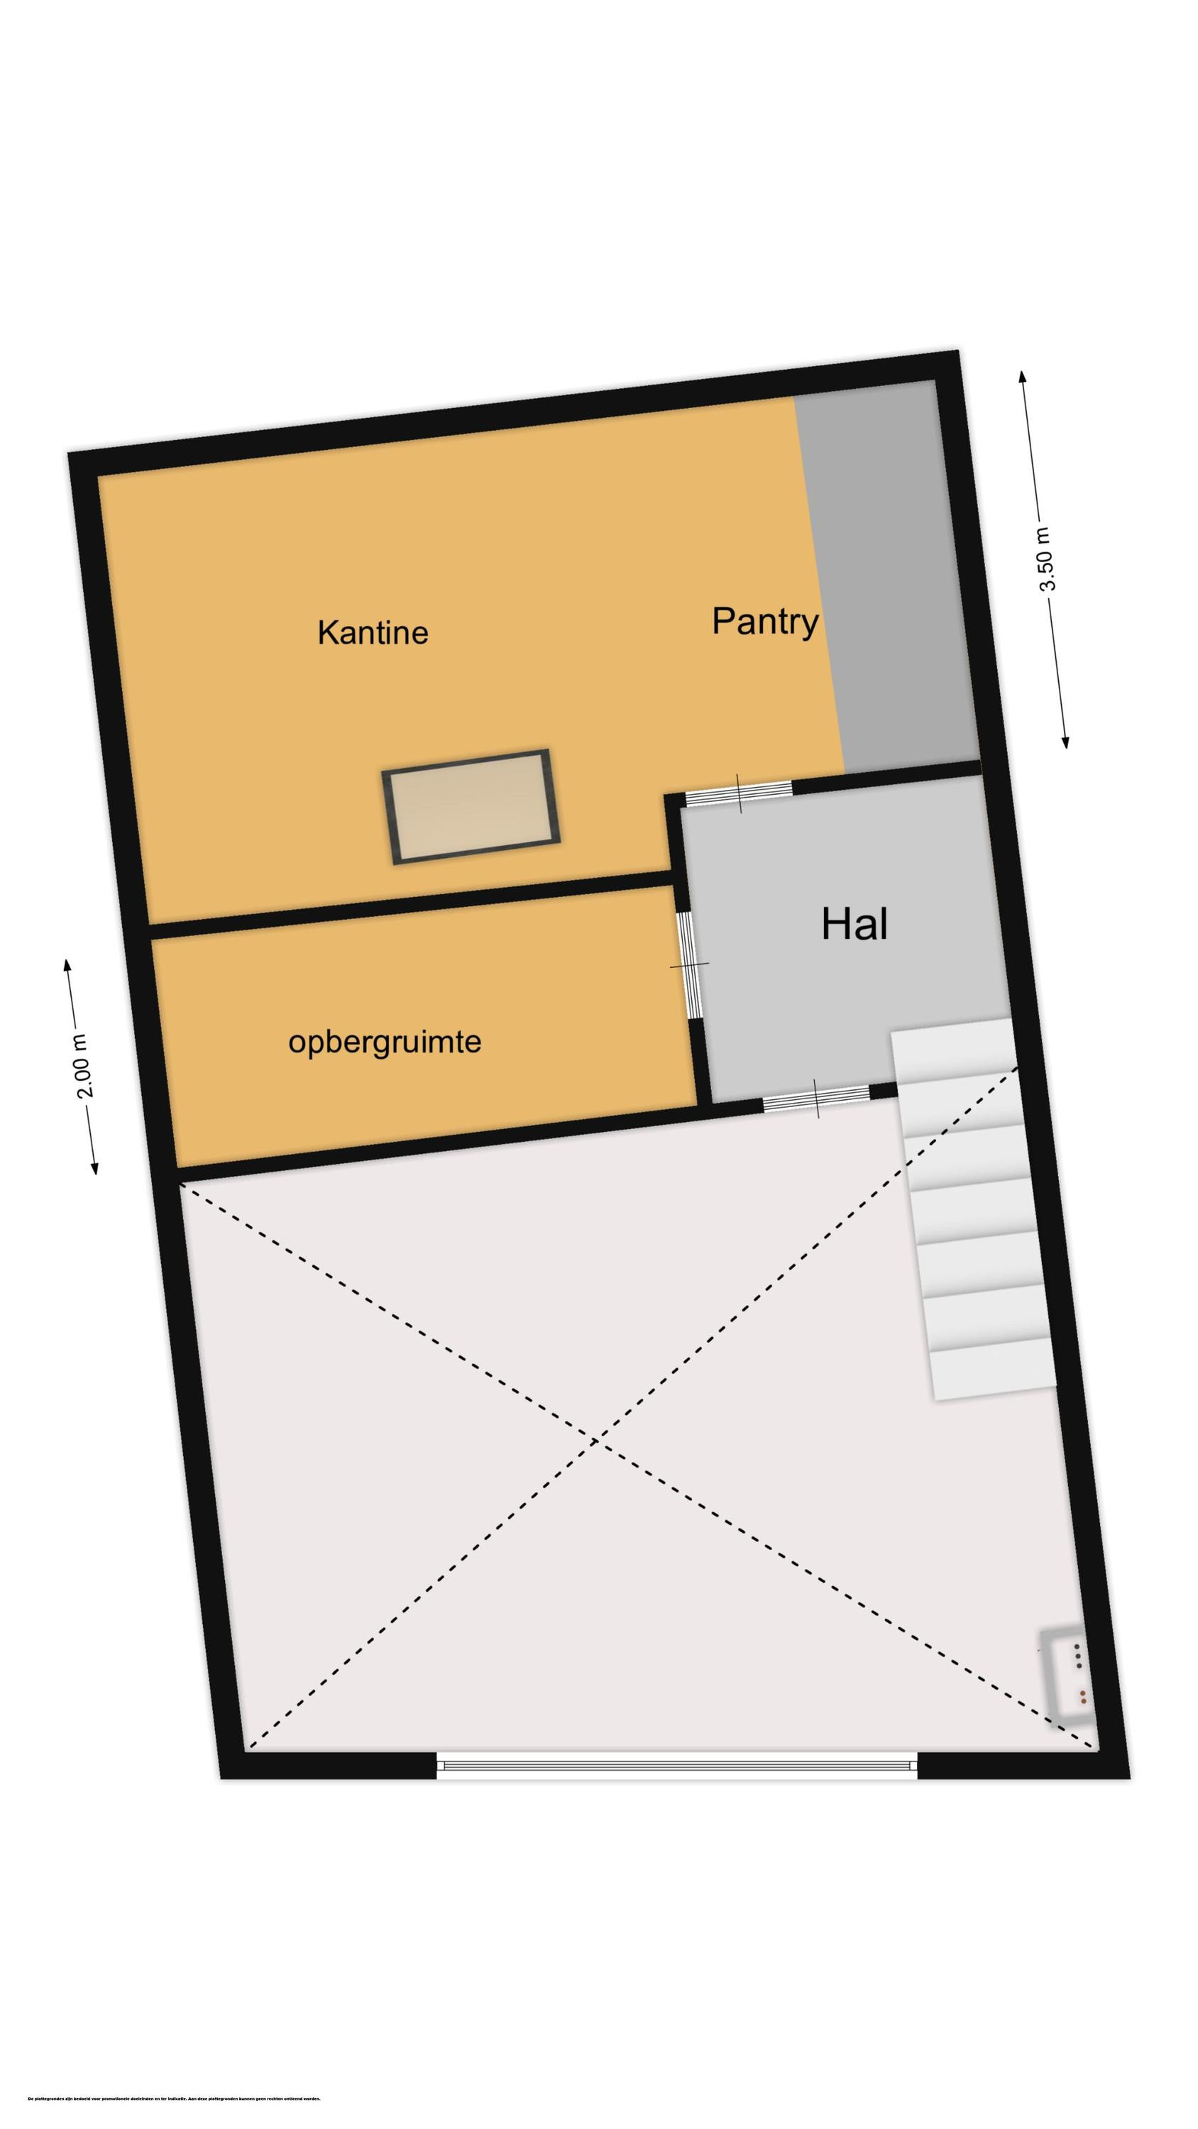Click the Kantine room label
(372, 633)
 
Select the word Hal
(854, 923)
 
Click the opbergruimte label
(385, 1041)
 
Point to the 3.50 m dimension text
(1047, 559)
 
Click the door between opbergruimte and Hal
(688, 965)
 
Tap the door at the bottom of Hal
(815, 1099)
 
